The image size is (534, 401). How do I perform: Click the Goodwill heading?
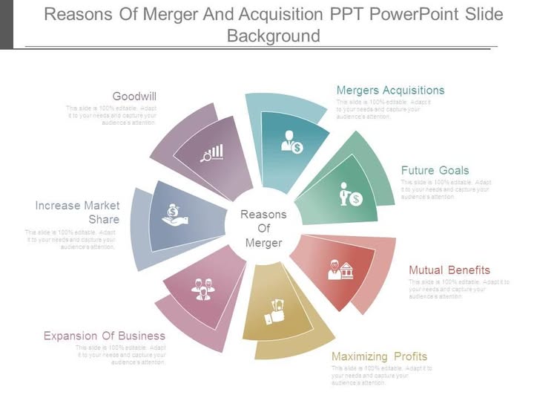[134, 96]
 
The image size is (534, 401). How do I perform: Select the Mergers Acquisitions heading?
[390, 90]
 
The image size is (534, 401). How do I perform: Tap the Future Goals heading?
[435, 170]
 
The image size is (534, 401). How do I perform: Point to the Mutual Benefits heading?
[449, 270]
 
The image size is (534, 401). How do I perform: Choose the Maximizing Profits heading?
[379, 356]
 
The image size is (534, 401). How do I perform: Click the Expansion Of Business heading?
[105, 336]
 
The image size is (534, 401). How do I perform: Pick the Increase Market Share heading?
[77, 212]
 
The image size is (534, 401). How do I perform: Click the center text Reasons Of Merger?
[263, 229]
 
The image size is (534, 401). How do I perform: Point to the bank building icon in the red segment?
[340, 270]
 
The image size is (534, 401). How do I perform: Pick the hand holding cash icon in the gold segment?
[274, 312]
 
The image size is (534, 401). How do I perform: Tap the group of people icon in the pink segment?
[203, 287]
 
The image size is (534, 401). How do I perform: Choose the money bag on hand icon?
[174, 215]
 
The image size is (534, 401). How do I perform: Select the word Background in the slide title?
[274, 36]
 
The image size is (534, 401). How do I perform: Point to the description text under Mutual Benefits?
[459, 289]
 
